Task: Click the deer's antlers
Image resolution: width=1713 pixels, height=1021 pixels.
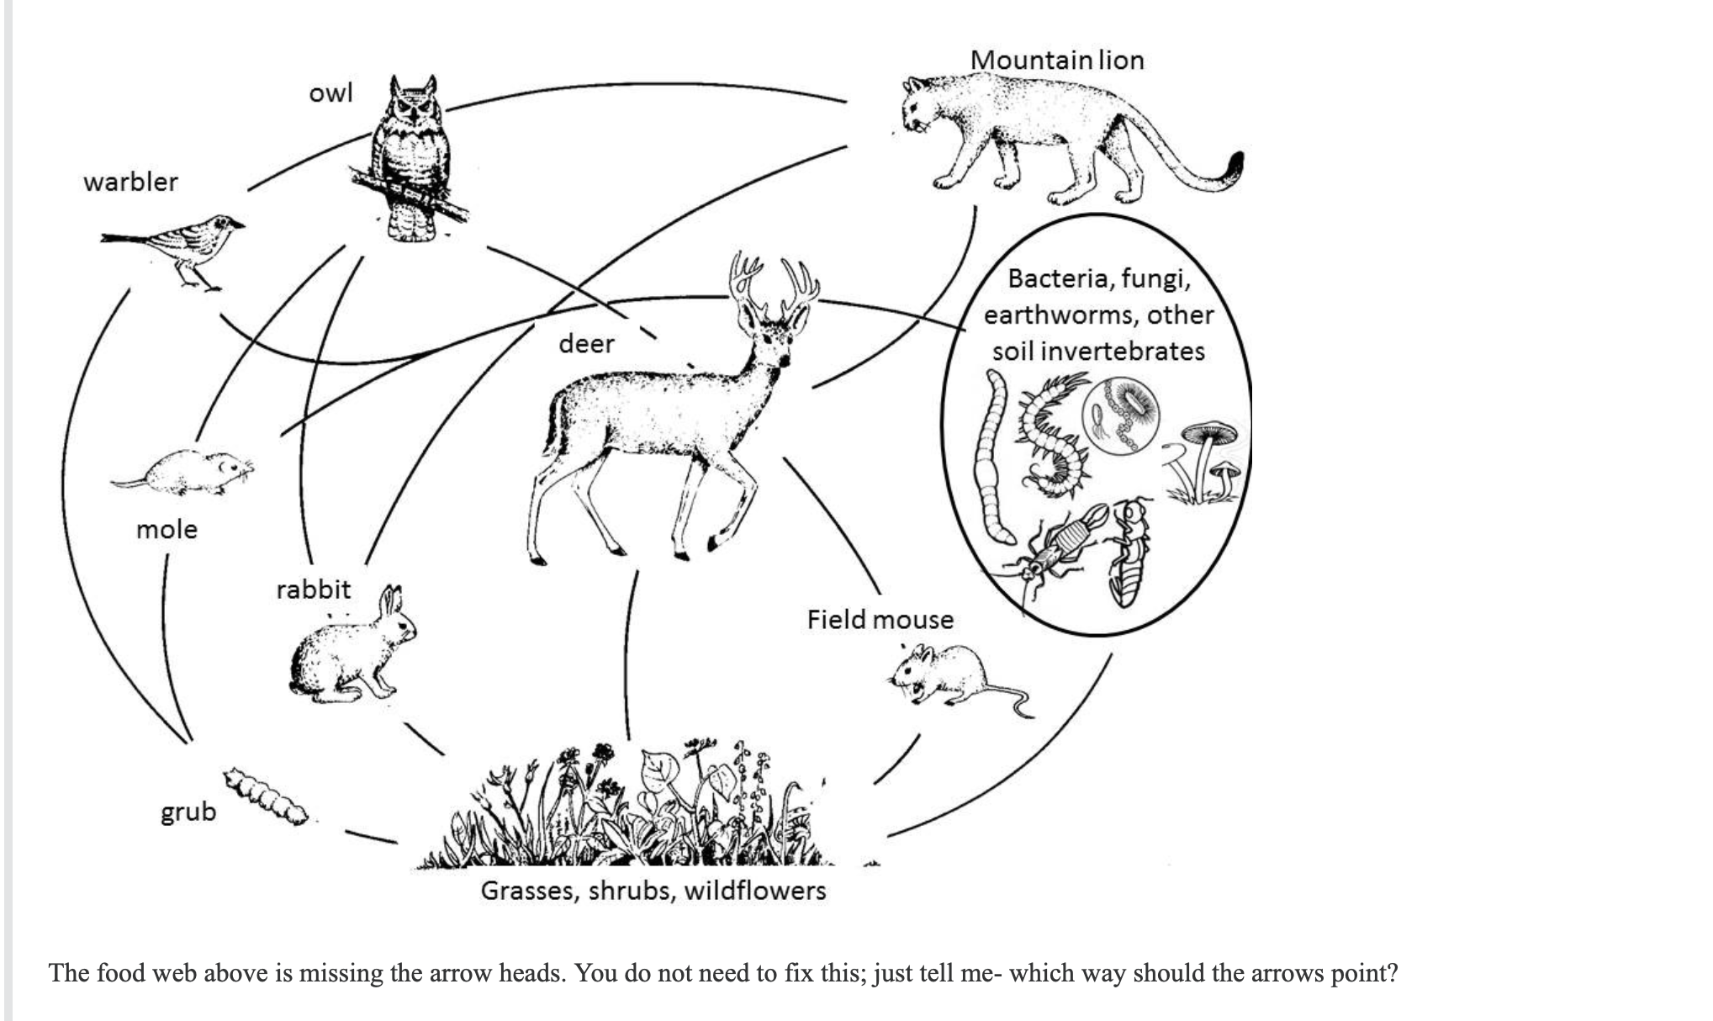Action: click(x=774, y=286)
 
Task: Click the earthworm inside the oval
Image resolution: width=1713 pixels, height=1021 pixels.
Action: click(x=994, y=458)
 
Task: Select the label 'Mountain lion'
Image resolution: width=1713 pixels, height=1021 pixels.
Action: click(x=1056, y=60)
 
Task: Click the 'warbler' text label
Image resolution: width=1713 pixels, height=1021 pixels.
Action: click(x=130, y=182)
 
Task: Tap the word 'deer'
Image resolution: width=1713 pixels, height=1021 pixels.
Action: click(x=586, y=343)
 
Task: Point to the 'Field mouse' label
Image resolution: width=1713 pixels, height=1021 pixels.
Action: click(x=880, y=620)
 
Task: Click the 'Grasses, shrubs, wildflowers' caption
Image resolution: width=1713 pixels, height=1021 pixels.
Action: click(x=653, y=891)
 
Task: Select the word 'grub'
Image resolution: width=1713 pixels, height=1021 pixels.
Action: click(x=188, y=812)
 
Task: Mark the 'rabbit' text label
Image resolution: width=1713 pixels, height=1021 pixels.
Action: click(x=313, y=589)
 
